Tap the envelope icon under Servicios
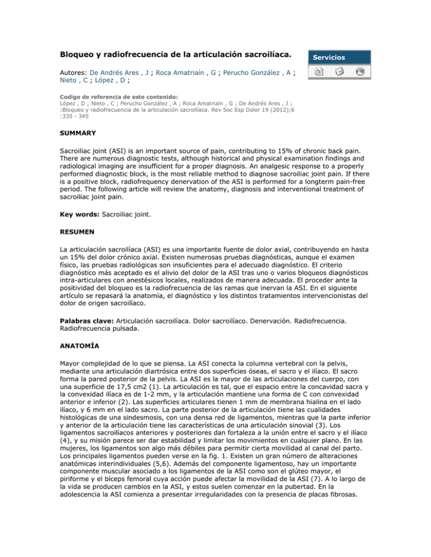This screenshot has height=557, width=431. (x=339, y=72)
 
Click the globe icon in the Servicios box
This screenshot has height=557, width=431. (x=360, y=72)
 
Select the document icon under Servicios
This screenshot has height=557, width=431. (x=318, y=72)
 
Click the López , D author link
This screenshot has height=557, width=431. (x=115, y=82)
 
